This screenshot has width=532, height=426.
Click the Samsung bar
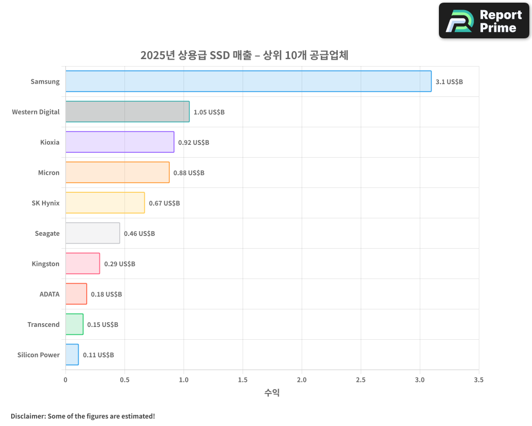click(x=248, y=81)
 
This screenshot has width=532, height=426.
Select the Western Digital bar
click(x=127, y=112)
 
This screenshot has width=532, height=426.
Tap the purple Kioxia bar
click(x=120, y=142)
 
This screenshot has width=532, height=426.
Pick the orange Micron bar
click(x=117, y=173)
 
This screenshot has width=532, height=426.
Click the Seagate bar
click(x=93, y=233)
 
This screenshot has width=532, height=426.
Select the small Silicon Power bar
click(x=72, y=355)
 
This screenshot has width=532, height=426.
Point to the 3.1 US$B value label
click(x=449, y=82)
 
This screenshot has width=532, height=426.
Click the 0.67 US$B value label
click(x=164, y=203)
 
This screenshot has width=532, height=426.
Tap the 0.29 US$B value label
click(x=120, y=264)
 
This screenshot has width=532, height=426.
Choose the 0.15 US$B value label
click(x=103, y=325)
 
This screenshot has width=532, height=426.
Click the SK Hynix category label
click(x=46, y=203)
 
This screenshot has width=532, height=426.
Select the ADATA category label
click(x=49, y=294)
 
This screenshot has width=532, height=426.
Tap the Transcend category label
click(x=44, y=324)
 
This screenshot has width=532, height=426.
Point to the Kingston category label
click(x=46, y=264)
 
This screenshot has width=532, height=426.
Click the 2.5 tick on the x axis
click(x=361, y=380)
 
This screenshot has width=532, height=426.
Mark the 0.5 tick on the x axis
click(x=124, y=380)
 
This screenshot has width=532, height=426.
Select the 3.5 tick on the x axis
click(x=479, y=380)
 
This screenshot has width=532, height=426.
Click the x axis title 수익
click(x=272, y=393)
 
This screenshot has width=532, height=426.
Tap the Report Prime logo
click(x=484, y=21)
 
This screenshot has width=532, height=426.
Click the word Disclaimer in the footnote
click(x=27, y=416)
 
